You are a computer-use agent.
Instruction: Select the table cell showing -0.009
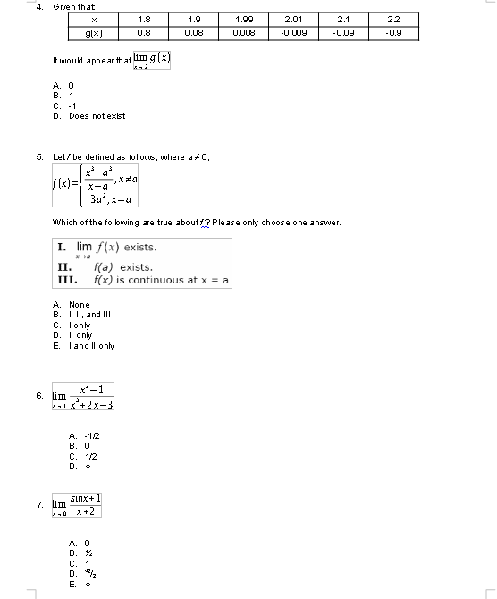click(x=294, y=32)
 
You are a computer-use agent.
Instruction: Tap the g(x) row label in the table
click(x=93, y=32)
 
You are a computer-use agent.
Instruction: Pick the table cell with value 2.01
click(x=294, y=19)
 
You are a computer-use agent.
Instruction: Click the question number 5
click(x=39, y=156)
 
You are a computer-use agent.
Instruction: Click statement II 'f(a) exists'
click(x=122, y=267)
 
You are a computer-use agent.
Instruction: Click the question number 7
click(x=39, y=505)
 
